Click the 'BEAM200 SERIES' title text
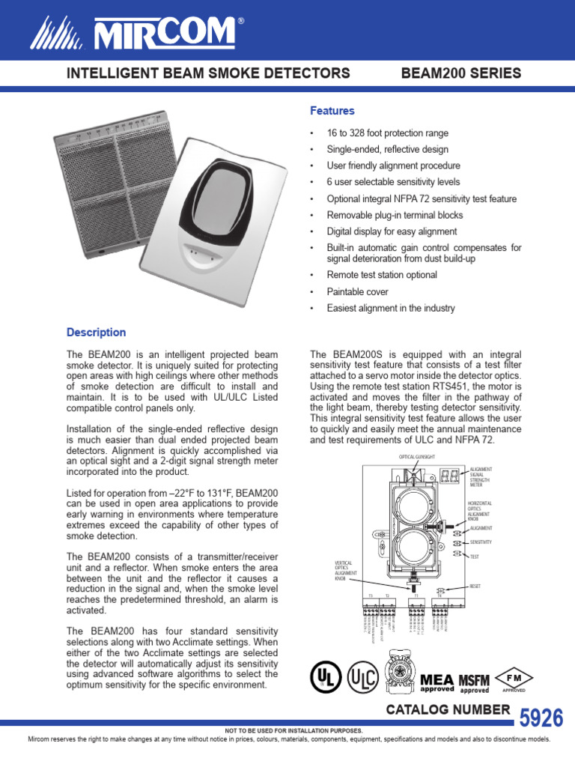[x=461, y=73]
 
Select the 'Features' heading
[x=332, y=111]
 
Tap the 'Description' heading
[x=96, y=332]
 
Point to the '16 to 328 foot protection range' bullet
[x=387, y=133]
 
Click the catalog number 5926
[x=541, y=718]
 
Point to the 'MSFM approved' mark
[x=474, y=683]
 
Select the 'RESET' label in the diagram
[x=475, y=586]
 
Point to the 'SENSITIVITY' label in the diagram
[x=481, y=542]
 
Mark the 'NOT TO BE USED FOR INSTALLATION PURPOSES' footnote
[x=287, y=730]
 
